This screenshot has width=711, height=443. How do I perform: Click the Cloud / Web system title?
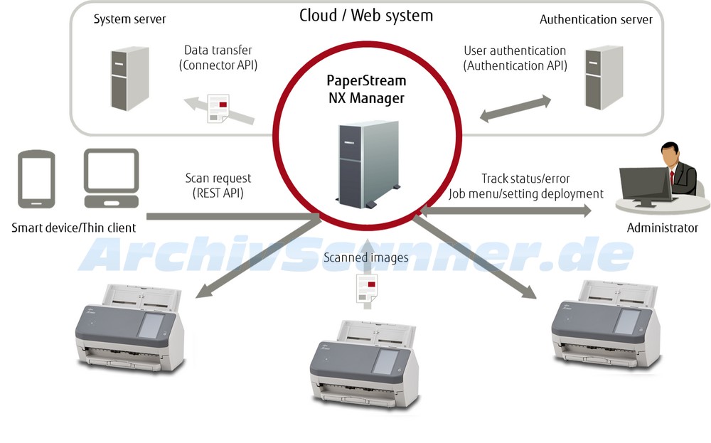click(x=365, y=15)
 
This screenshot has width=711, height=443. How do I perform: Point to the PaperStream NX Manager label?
click(x=366, y=89)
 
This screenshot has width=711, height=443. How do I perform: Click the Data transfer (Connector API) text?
click(x=218, y=58)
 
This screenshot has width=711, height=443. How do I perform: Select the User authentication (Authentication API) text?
click(x=515, y=58)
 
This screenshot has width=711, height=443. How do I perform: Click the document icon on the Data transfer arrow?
click(x=218, y=108)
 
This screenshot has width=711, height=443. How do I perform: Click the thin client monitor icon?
click(x=111, y=178)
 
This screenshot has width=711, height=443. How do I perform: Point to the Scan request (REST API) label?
click(x=218, y=185)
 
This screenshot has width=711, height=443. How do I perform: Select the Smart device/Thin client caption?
click(x=73, y=228)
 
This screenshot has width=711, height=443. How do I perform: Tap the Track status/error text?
click(x=525, y=178)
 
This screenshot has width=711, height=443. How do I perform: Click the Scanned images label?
click(x=365, y=257)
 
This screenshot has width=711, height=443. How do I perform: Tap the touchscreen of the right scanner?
click(x=626, y=321)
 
